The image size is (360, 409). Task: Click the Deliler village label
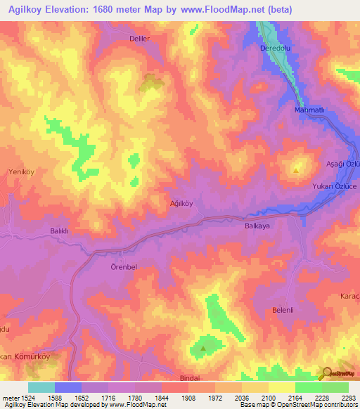point(140,39)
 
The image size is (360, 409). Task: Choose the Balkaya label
point(257,226)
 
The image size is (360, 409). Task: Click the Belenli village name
point(283,309)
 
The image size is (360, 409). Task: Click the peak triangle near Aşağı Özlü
point(296,169)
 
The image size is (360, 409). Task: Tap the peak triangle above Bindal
point(203,347)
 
